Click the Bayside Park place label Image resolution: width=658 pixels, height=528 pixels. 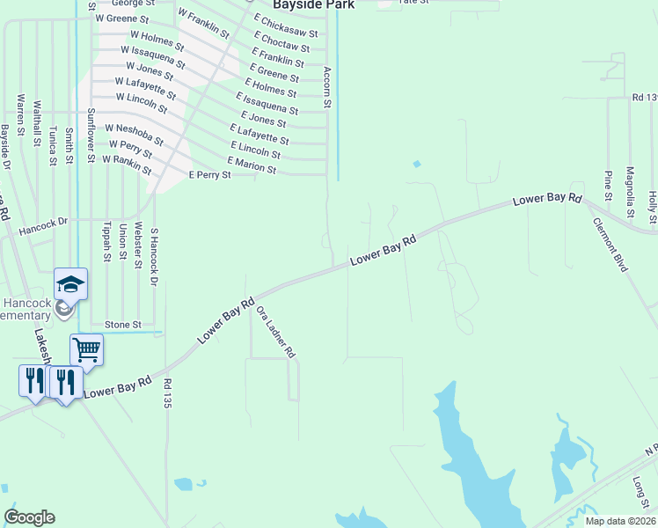tap(313, 4)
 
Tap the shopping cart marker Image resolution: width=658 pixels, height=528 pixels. tap(86, 349)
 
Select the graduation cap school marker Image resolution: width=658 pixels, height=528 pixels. tap(70, 283)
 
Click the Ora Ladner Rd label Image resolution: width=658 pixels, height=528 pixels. tap(276, 332)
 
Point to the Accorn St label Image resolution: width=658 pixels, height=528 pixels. tap(326, 87)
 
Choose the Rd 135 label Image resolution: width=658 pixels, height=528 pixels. tap(166, 393)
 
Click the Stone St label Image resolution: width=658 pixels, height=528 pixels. tap(123, 325)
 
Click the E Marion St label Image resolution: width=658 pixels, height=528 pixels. tap(252, 165)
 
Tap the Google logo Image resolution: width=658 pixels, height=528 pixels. tap(29, 517)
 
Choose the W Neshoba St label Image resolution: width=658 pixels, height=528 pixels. tap(134, 133)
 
